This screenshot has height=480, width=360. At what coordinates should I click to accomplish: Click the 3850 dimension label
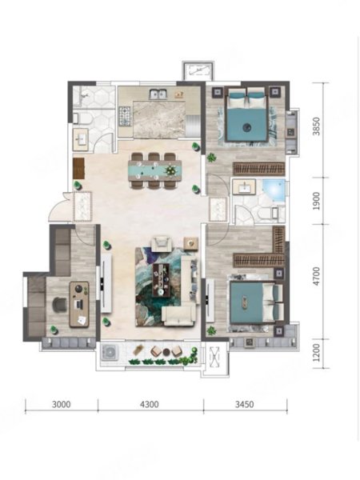(317, 126)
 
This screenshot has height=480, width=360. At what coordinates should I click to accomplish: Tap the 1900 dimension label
(317, 201)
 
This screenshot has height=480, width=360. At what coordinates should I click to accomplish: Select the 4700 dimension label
(317, 277)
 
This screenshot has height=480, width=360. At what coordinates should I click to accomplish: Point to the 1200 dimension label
(317, 352)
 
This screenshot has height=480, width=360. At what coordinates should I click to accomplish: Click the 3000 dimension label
(62, 404)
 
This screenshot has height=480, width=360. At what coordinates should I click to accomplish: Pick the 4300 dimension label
(150, 404)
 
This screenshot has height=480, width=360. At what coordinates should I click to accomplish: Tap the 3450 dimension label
(244, 404)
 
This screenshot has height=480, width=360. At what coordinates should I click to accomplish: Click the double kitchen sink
(158, 94)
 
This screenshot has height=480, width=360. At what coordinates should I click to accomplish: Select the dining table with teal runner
(154, 170)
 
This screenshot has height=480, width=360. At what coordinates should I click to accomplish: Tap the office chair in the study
(60, 305)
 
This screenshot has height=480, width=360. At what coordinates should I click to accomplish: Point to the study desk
(79, 304)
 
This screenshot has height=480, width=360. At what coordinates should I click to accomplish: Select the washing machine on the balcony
(110, 352)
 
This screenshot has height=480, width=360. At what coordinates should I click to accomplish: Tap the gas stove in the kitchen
(125, 116)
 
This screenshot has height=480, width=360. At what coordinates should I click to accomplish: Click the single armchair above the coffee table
(162, 243)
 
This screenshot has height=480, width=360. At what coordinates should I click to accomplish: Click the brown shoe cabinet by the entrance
(78, 168)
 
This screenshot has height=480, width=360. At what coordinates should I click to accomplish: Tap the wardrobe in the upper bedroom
(259, 169)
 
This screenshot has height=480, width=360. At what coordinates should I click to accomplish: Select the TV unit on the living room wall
(106, 283)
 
